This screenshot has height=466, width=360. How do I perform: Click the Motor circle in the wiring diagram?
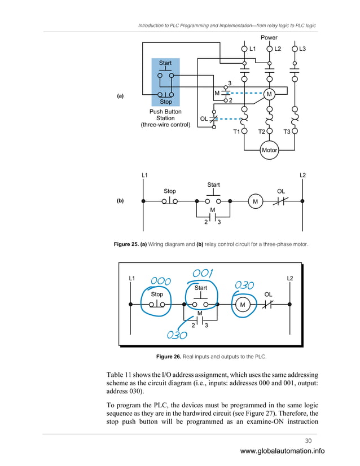(x=270, y=150)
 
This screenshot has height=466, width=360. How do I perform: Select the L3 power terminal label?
(x=302, y=49)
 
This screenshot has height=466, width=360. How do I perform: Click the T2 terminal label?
(x=262, y=131)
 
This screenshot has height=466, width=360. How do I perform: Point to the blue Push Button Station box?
(x=165, y=81)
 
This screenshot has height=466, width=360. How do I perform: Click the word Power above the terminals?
(x=269, y=38)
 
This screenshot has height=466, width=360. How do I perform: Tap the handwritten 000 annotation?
(x=161, y=280)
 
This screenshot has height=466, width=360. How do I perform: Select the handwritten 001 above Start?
(x=202, y=274)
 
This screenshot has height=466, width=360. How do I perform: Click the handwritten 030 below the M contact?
(x=176, y=335)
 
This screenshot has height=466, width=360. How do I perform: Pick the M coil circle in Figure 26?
(x=243, y=305)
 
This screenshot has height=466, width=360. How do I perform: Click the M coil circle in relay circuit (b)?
(x=255, y=201)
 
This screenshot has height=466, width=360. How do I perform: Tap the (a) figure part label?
(x=120, y=96)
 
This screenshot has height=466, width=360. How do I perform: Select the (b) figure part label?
(x=120, y=200)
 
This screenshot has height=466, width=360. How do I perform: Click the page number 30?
(x=308, y=441)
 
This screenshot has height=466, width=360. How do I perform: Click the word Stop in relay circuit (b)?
(x=169, y=191)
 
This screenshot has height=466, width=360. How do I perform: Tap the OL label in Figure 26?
(x=268, y=294)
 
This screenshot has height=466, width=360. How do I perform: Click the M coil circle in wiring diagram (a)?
(x=269, y=93)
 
